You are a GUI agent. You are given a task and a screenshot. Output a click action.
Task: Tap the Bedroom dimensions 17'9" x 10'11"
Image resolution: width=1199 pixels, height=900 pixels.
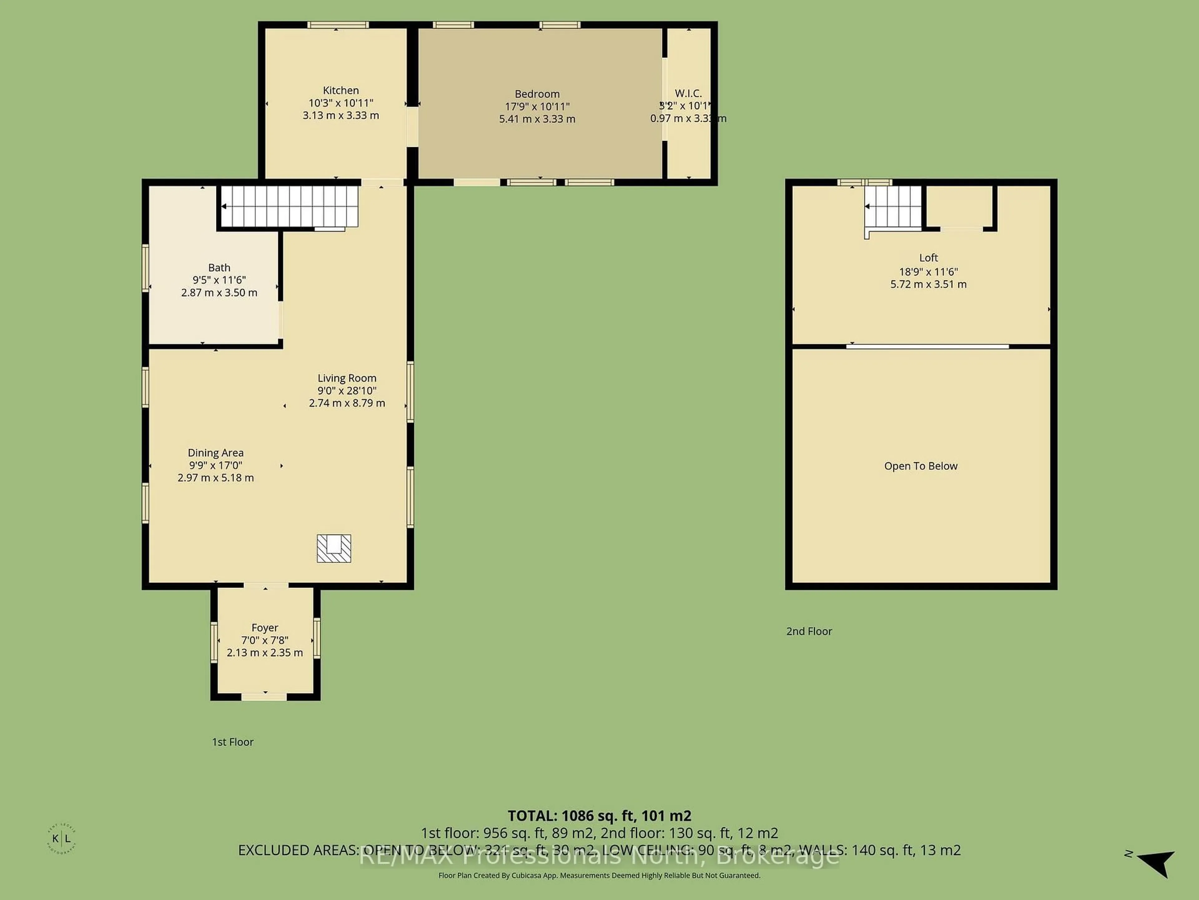pos(537,106)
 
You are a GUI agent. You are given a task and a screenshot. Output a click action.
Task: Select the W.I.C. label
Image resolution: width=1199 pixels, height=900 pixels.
pos(688,94)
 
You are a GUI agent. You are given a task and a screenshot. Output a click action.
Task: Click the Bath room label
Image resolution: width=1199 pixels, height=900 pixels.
pos(219,267)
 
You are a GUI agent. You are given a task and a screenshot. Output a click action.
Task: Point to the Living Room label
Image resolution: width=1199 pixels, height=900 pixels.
pos(347,378)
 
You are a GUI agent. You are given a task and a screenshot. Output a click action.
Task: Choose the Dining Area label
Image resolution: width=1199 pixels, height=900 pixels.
pos(215,452)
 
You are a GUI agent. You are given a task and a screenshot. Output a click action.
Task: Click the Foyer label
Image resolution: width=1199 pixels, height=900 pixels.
pos(264,628)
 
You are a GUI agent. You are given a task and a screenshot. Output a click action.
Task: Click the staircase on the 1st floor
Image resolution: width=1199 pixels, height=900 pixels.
pos(290,206)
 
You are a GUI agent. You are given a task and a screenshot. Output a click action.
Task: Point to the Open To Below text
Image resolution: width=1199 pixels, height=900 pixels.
pos(920,466)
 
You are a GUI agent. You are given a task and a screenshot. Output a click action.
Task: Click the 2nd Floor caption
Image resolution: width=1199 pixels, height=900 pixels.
pos(809,631)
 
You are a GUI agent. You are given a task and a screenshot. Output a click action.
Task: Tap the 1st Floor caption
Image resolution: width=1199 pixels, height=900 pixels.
pos(233,742)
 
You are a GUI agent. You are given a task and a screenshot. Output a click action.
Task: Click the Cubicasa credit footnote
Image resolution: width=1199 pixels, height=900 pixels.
pos(599,875)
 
